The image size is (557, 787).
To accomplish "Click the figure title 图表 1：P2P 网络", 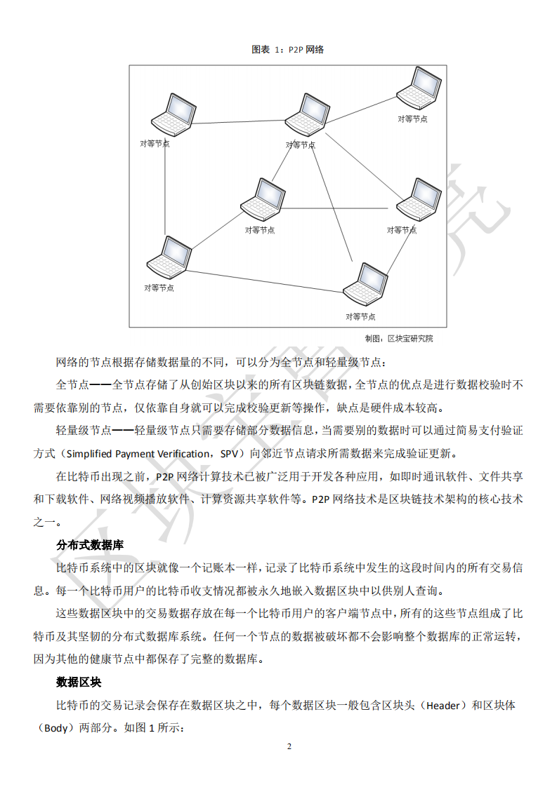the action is (x=287, y=50).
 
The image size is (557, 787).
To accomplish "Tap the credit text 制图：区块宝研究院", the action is (x=398, y=339).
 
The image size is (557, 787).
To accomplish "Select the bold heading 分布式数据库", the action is (x=90, y=545).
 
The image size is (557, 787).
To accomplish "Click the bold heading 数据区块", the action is (x=79, y=682).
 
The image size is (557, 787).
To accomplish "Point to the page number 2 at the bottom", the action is (x=289, y=746).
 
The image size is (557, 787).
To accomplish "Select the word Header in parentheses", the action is (x=444, y=706).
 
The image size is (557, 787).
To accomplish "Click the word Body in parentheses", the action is (x=55, y=728).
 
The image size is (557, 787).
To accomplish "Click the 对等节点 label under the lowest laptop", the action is (x=360, y=317).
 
